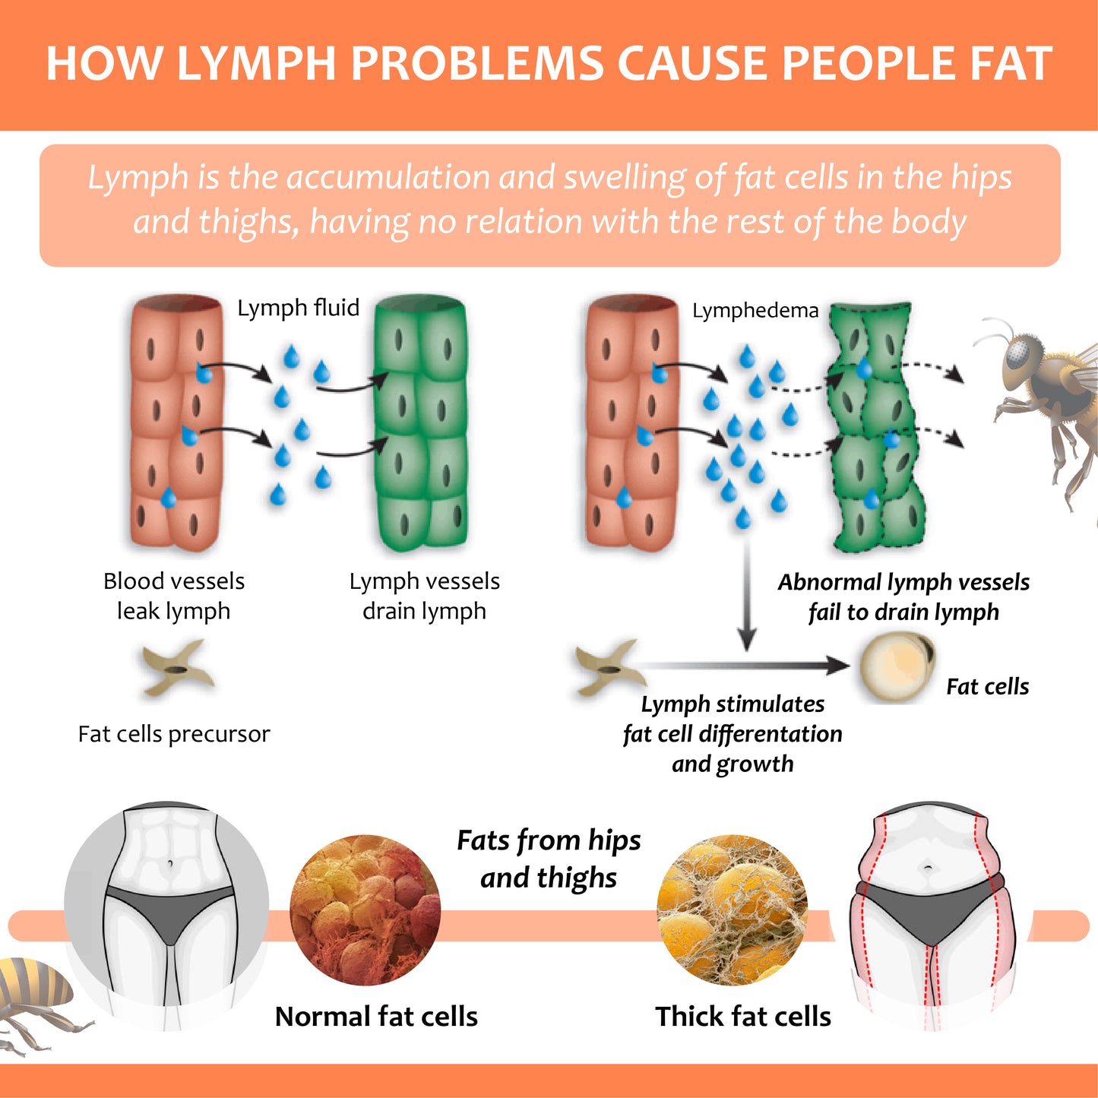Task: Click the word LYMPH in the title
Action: [x=256, y=63]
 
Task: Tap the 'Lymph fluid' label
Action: [x=298, y=308]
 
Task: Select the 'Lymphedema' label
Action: [x=755, y=311]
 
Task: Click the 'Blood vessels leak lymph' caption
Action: [x=174, y=596]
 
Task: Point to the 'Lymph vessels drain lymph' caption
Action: [x=424, y=596]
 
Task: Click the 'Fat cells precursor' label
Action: [x=174, y=734]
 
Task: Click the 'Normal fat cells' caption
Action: [x=376, y=1017]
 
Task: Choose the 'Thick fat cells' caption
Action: [x=743, y=1017]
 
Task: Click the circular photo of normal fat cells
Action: [x=365, y=910]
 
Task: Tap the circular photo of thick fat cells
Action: [x=732, y=910]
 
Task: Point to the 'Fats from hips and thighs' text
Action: [x=549, y=859]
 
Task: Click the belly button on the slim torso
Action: [x=169, y=863]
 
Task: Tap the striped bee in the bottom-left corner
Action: [x=34, y=995]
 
